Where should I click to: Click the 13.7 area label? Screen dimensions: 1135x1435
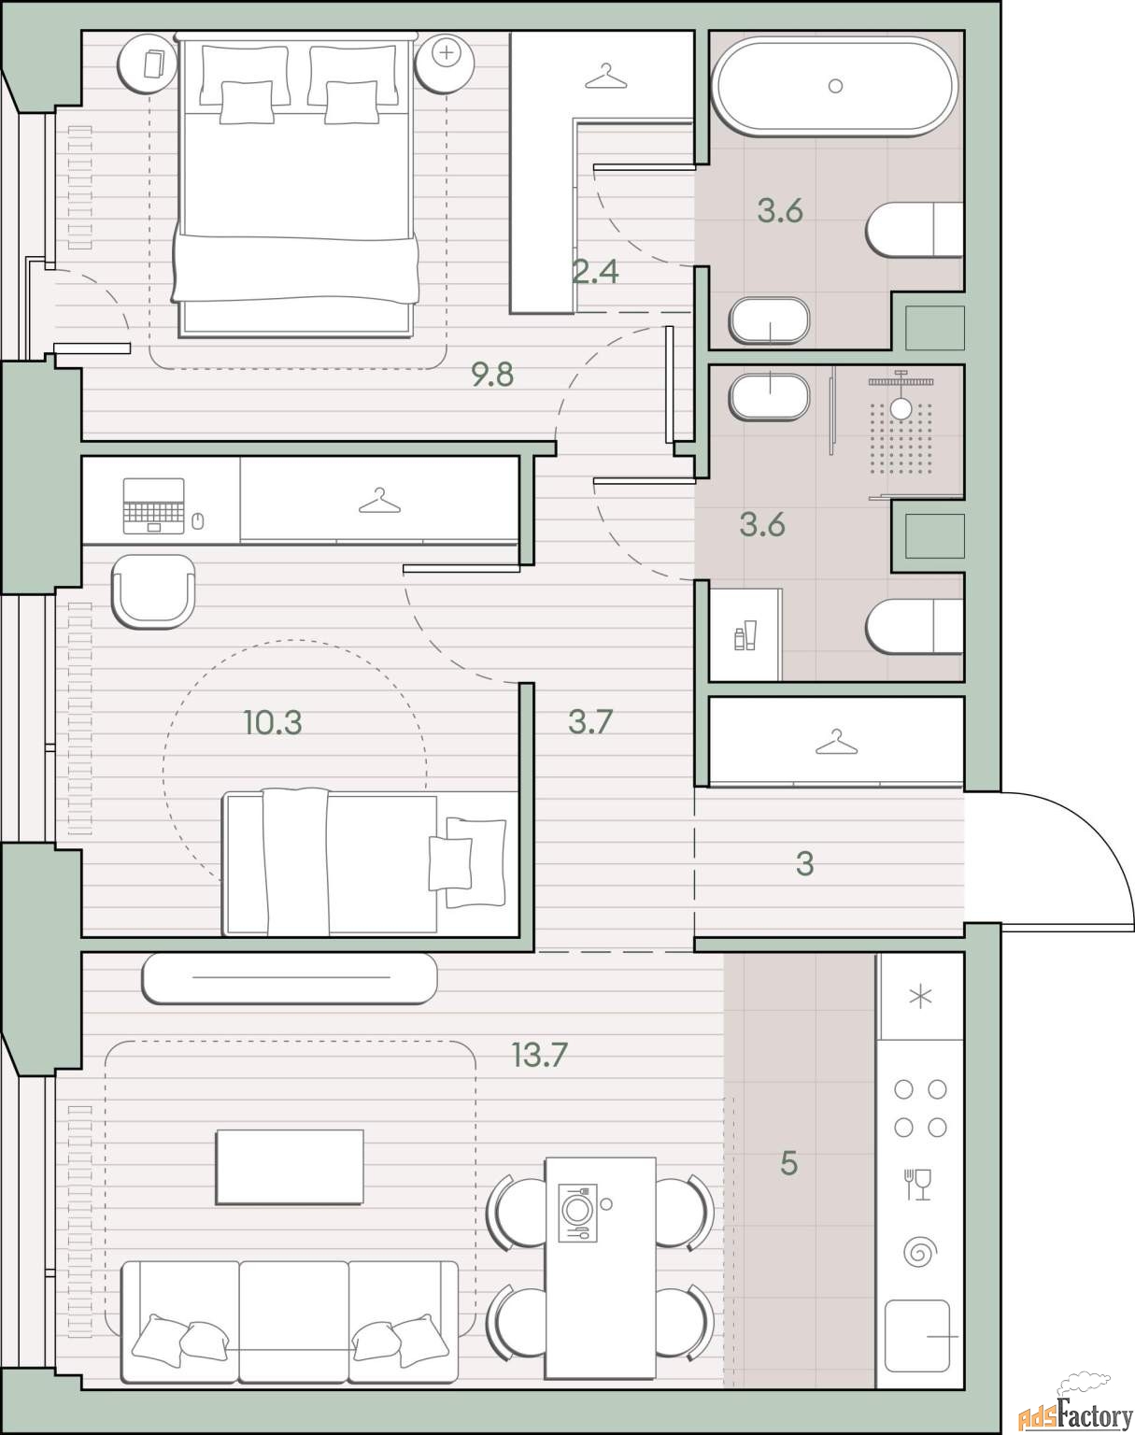point(539,1055)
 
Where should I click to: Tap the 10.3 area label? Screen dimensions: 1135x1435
point(273,723)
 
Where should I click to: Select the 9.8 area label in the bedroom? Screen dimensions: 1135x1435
point(492,375)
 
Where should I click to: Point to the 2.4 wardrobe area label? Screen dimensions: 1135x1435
point(595,271)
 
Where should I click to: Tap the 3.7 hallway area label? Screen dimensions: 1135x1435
point(590,721)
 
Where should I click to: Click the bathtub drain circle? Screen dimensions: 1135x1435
point(835,85)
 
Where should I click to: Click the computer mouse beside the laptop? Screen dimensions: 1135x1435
point(197,520)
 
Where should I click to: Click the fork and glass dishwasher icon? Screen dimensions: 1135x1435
point(918,1185)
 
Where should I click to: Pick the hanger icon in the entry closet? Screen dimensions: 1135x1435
point(836,742)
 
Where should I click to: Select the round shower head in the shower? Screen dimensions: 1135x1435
point(901,409)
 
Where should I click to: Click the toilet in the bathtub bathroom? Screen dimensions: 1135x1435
point(915,230)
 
